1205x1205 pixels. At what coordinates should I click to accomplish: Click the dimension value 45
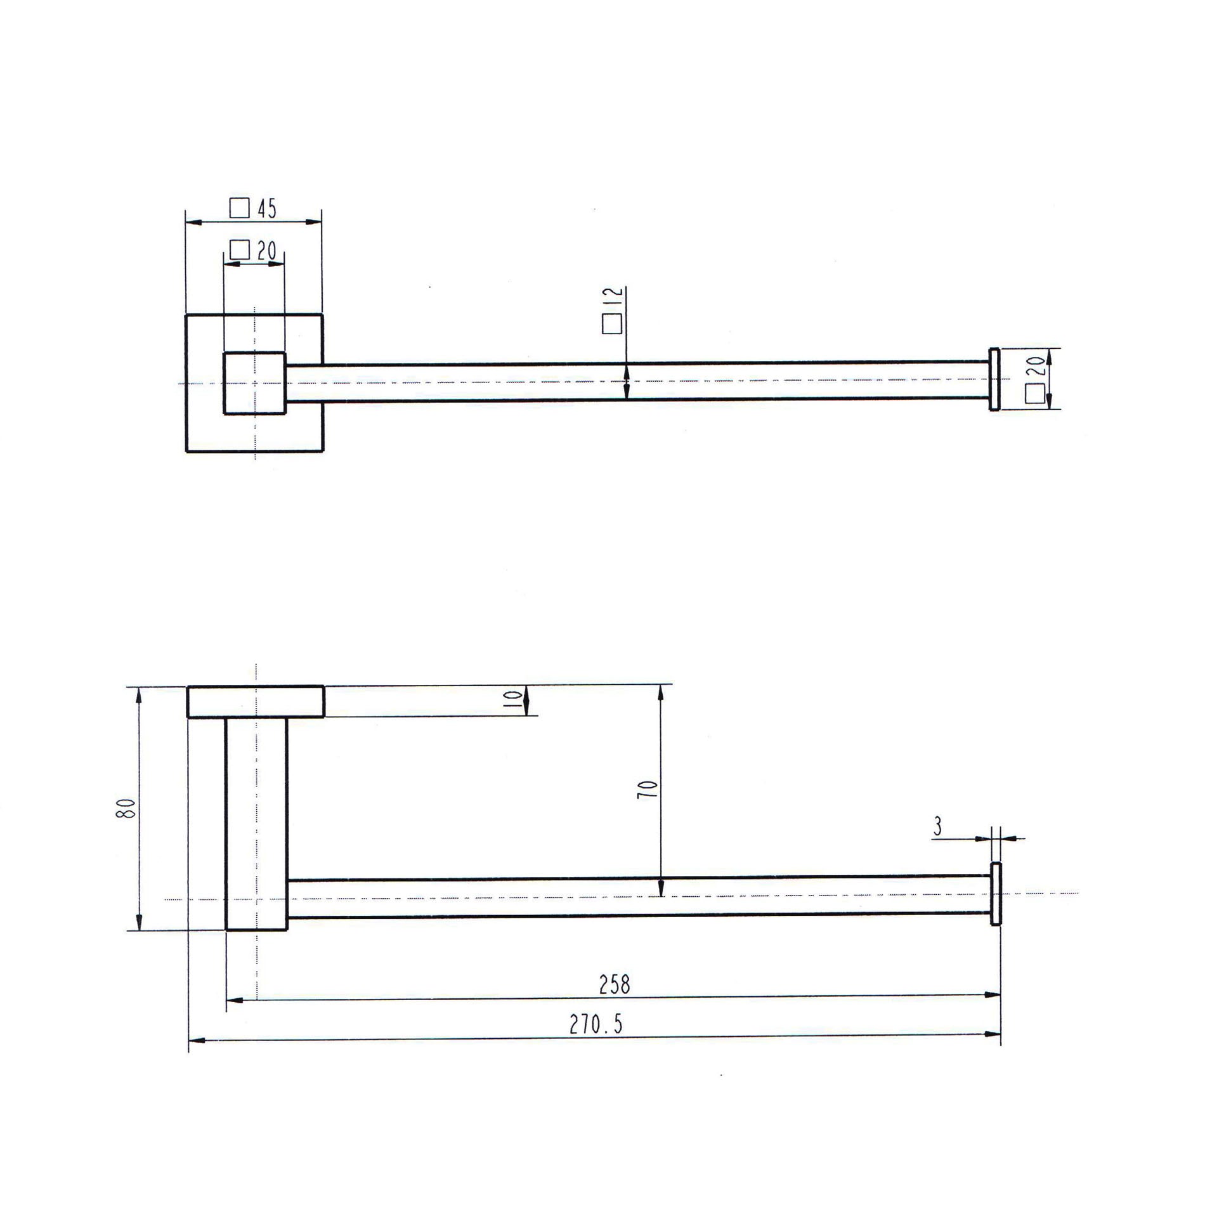[267, 209]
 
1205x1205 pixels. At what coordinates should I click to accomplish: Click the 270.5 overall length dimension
[596, 1024]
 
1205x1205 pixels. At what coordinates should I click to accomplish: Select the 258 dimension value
[615, 984]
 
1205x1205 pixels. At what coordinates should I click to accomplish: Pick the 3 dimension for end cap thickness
[937, 826]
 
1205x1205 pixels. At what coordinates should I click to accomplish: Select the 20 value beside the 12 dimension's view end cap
[1034, 367]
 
